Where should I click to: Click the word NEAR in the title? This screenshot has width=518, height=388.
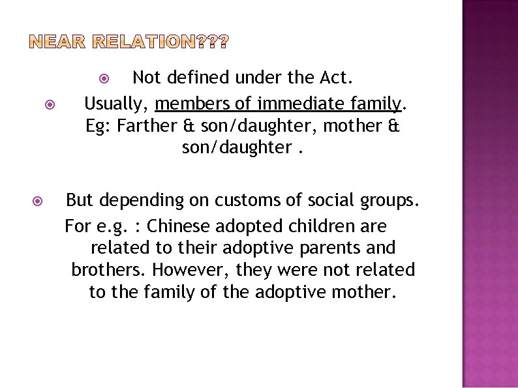58,44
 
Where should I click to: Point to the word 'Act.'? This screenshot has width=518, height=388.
337,78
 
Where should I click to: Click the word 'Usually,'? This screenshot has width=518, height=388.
117,103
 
